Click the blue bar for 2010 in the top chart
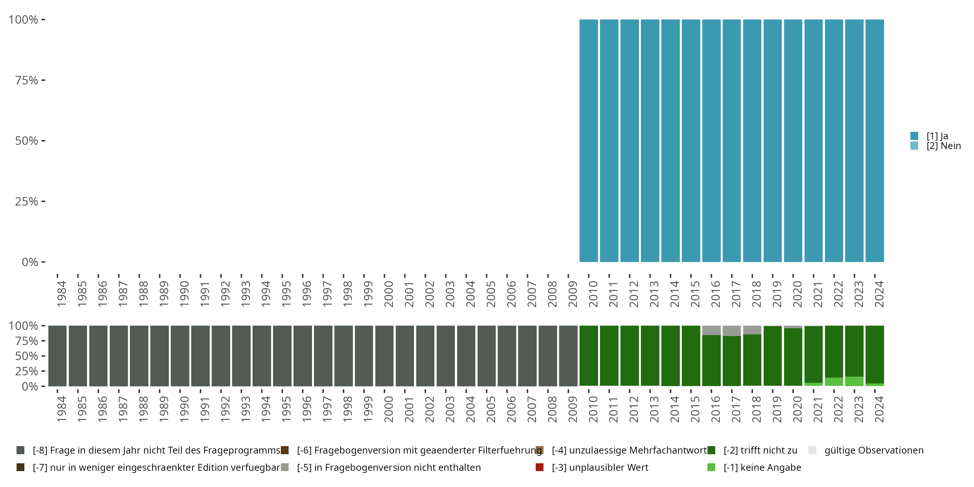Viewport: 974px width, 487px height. click(x=589, y=141)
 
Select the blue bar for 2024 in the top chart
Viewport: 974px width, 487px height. click(x=875, y=141)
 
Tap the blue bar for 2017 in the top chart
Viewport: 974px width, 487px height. click(x=731, y=141)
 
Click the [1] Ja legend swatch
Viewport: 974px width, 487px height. click(x=914, y=136)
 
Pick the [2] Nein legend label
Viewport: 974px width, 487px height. click(x=943, y=146)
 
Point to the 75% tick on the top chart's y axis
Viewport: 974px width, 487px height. click(x=43, y=80)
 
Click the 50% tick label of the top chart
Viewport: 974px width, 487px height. click(x=27, y=141)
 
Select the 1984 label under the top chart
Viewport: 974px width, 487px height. click(x=62, y=294)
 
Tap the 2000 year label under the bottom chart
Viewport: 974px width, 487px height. click(x=389, y=409)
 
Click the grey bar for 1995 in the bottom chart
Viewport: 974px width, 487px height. click(x=282, y=356)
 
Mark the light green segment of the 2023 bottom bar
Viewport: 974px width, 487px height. click(x=854, y=381)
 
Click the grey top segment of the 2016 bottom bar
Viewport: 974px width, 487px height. click(x=711, y=330)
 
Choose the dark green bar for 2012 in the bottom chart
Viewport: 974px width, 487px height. click(x=630, y=356)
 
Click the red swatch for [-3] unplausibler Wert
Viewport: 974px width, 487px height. click(x=540, y=467)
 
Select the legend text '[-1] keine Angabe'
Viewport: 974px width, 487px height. click(x=762, y=467)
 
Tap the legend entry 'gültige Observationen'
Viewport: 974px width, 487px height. click(x=874, y=450)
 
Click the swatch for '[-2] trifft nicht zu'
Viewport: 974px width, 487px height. click(x=711, y=450)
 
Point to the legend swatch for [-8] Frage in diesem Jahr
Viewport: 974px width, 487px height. click(x=20, y=450)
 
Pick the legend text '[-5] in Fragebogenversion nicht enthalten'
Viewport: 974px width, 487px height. click(x=389, y=467)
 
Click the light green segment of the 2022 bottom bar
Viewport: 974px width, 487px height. click(x=834, y=381)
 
